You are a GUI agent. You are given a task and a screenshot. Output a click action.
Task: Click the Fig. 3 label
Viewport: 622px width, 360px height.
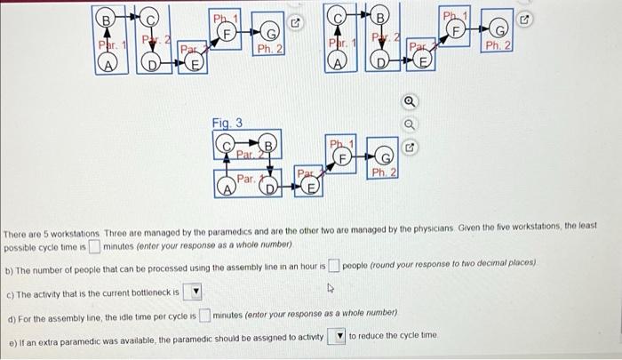tap(226, 123)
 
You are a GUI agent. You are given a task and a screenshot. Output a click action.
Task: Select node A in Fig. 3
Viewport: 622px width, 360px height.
tap(227, 187)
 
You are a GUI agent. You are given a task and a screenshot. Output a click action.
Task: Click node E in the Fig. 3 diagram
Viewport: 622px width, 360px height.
tap(311, 187)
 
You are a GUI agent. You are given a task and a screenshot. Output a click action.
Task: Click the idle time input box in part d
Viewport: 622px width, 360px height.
tap(204, 315)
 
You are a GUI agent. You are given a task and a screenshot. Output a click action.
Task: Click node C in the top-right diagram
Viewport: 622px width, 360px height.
tap(338, 16)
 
